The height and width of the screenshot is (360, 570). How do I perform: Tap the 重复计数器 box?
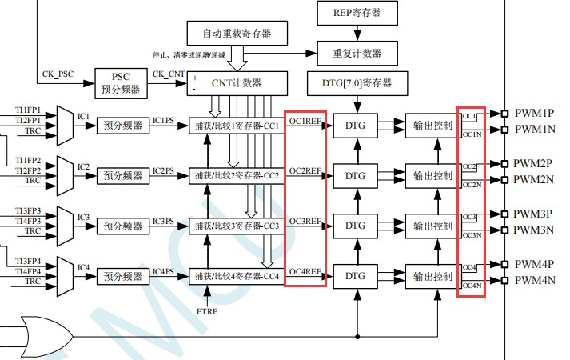pos(357,54)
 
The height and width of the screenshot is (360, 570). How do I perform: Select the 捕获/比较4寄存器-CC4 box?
pos(237,277)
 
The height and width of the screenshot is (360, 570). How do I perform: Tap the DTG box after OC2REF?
pos(355,175)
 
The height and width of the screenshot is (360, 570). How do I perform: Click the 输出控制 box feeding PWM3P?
pos(433,226)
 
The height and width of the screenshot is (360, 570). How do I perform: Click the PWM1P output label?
pos(534,113)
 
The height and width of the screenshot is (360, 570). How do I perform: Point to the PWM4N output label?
pos(534,281)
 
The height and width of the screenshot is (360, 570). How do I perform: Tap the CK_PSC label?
pos(58,74)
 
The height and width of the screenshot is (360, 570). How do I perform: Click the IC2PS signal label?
pos(164,171)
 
